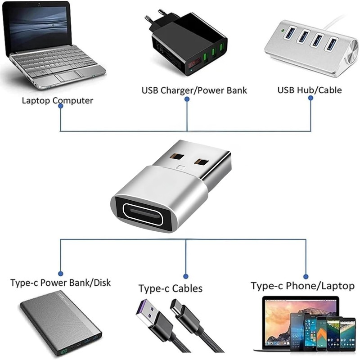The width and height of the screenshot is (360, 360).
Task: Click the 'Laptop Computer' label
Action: tap(57, 100)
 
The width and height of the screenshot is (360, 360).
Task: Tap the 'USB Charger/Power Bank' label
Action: tap(194, 90)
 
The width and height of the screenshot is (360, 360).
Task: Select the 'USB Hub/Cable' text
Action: tap(309, 90)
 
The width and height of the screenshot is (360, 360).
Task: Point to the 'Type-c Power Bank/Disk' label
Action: tap(60, 283)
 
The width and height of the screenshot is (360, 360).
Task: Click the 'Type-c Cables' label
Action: tap(170, 288)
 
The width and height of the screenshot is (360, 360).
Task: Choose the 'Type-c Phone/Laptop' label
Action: tap(302, 286)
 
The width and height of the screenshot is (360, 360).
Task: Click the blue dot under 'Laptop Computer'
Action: tap(61, 111)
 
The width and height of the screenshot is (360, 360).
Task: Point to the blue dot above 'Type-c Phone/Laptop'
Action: tap(306, 276)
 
